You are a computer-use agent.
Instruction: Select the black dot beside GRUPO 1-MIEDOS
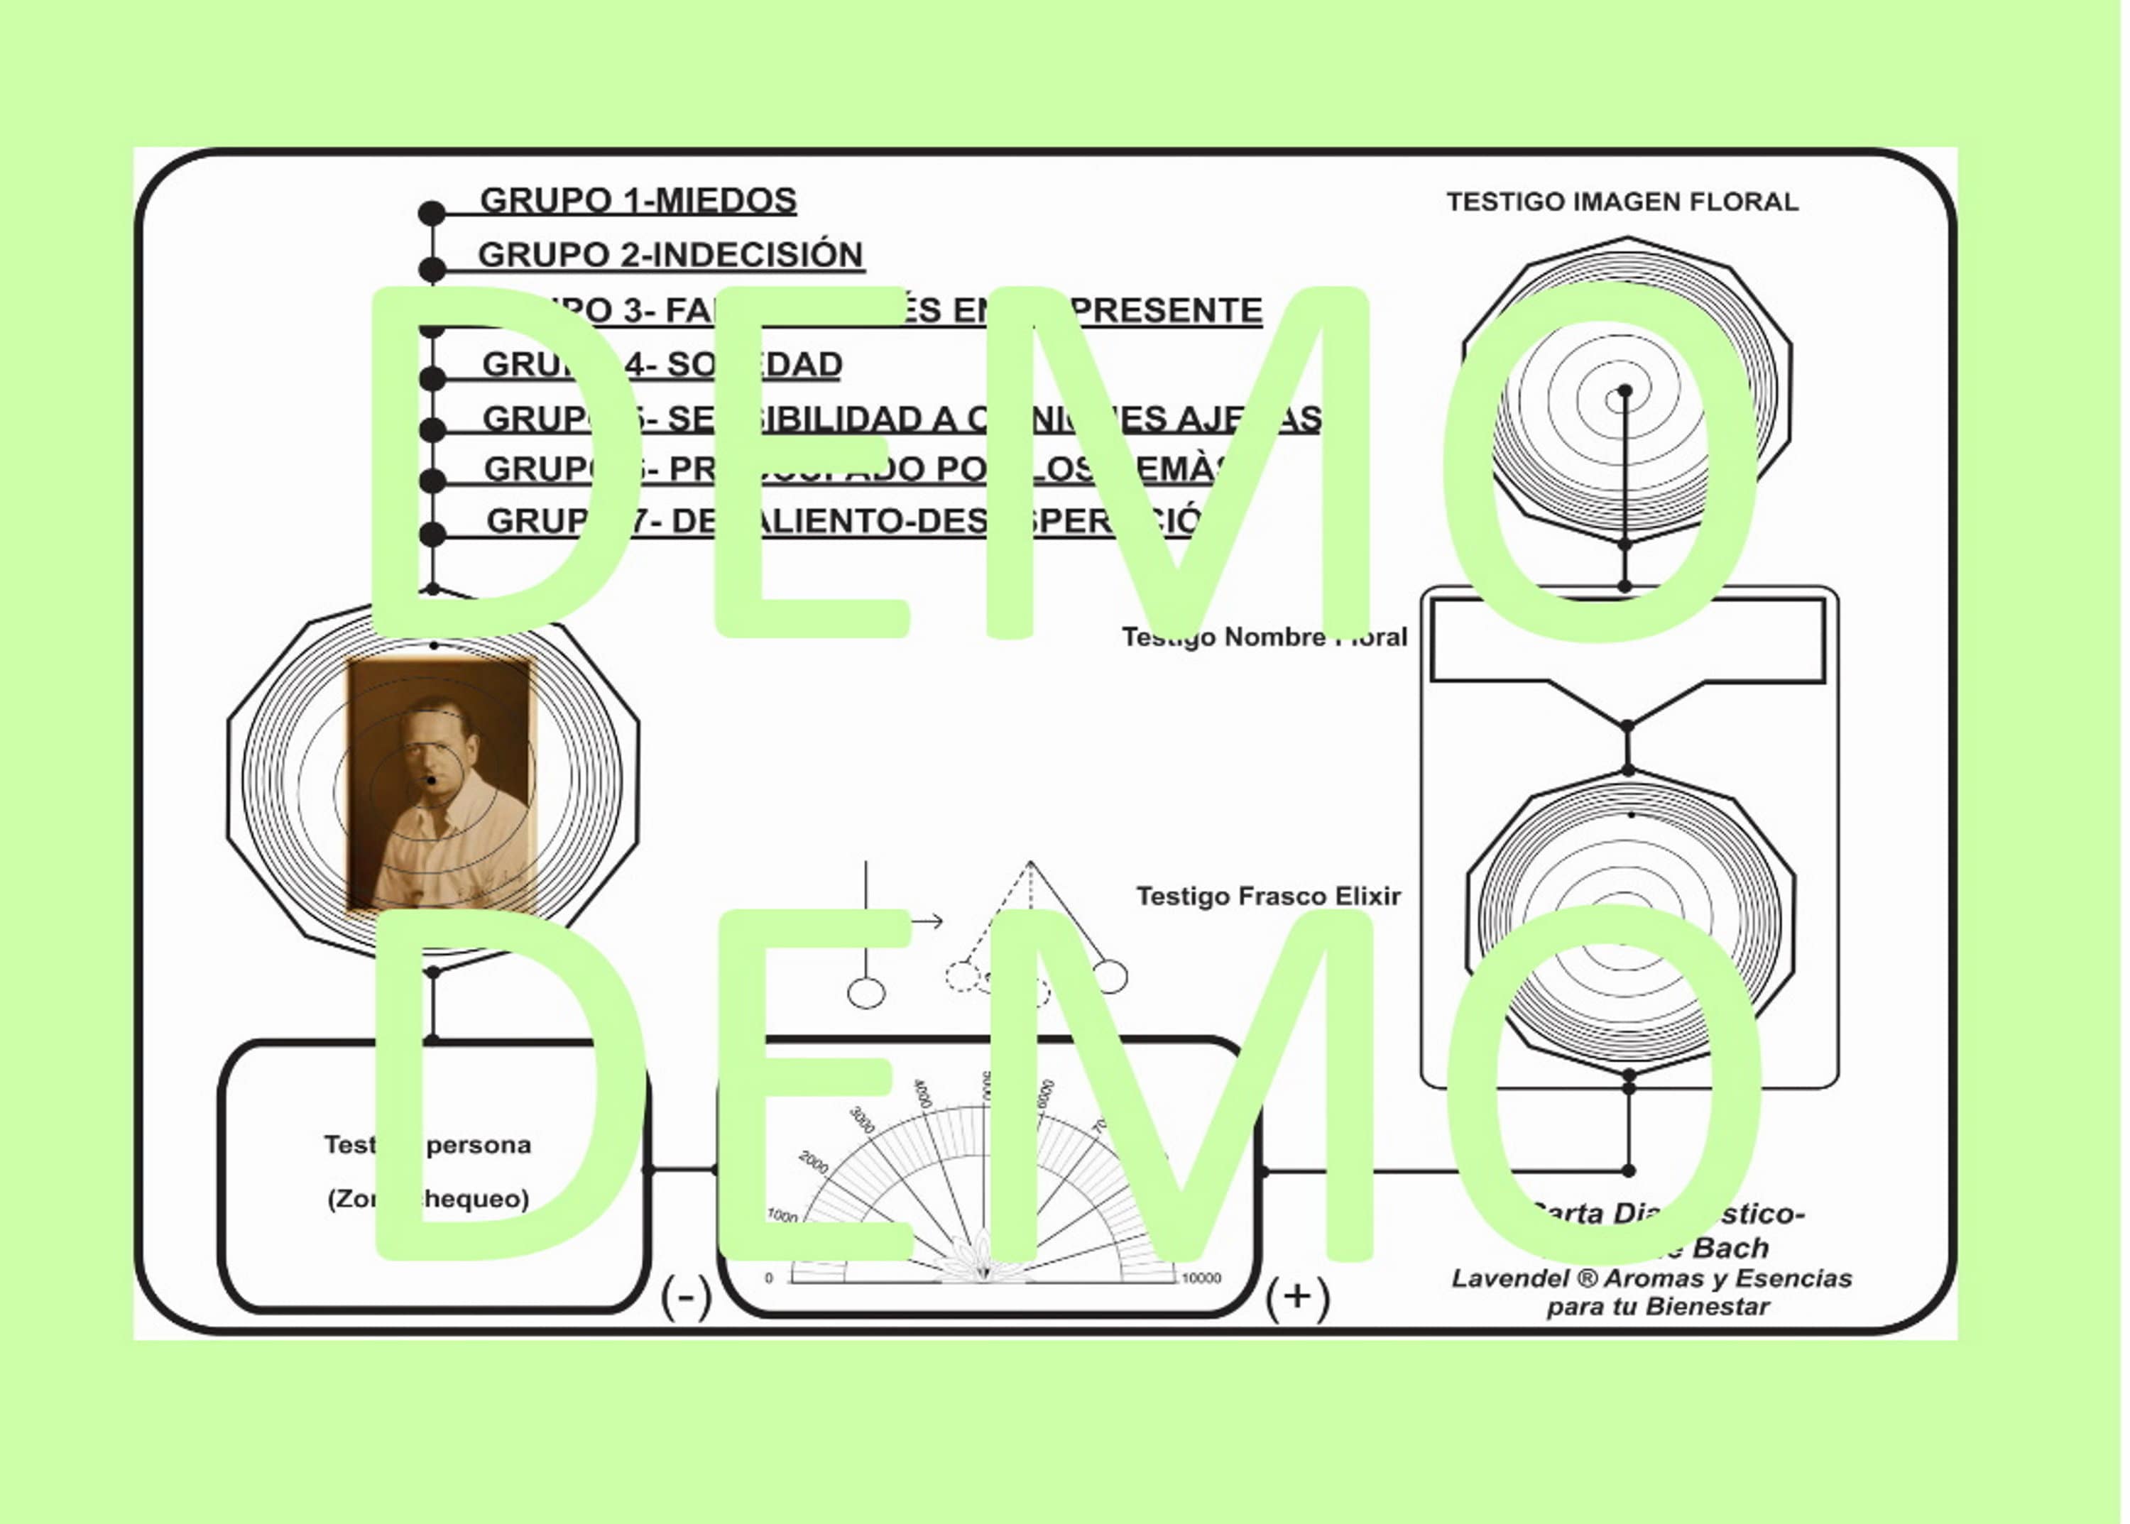click(x=431, y=214)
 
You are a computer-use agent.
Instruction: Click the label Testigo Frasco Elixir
click(x=1267, y=897)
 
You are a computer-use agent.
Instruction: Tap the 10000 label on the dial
click(x=1201, y=1278)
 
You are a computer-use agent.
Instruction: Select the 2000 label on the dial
click(x=813, y=1163)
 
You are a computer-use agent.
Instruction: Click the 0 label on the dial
click(x=769, y=1278)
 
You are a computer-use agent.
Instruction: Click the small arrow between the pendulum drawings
click(x=927, y=921)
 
